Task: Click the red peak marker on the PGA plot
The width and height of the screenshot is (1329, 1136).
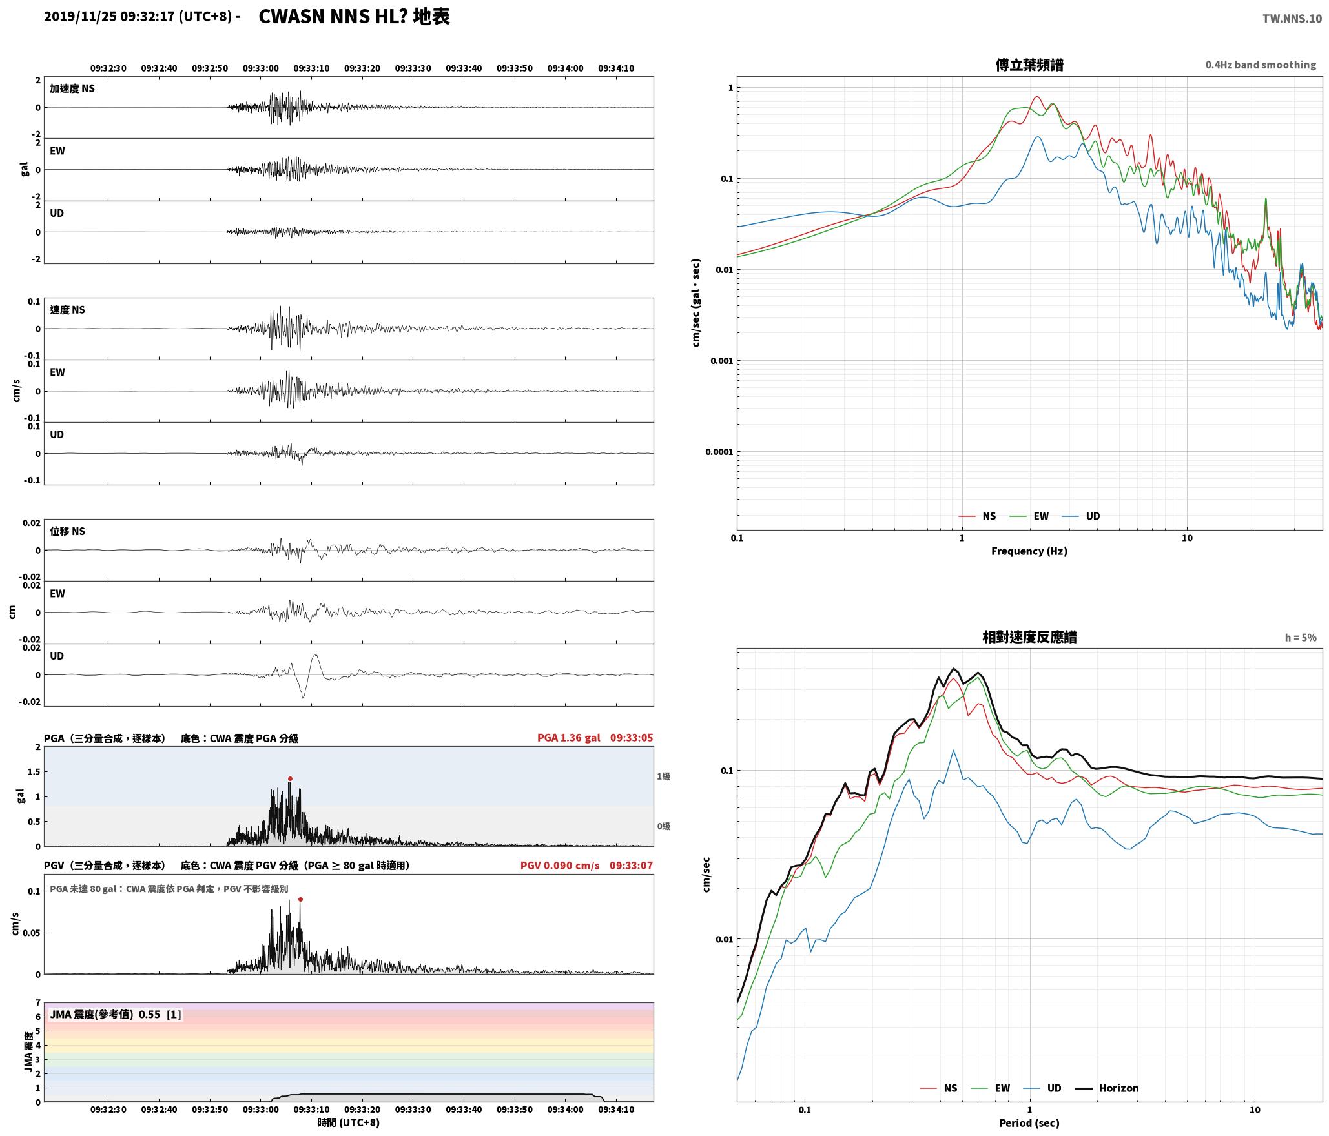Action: [290, 778]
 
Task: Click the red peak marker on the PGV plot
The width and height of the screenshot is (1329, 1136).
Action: [300, 899]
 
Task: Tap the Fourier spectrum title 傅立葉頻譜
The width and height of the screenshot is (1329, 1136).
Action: [1029, 65]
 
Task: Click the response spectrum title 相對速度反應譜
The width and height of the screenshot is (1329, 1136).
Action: [1029, 637]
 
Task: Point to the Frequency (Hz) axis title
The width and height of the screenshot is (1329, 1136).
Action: [1029, 551]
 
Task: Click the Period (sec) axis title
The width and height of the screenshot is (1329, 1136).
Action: [1029, 1123]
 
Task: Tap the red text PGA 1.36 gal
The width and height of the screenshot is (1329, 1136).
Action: [569, 738]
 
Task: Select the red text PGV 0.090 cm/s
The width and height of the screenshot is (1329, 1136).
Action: [560, 866]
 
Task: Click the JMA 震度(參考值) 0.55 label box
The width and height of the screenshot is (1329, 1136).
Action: [115, 1014]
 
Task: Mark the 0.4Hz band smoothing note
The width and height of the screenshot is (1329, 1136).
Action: [1261, 65]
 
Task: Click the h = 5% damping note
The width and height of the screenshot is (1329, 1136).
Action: [1301, 638]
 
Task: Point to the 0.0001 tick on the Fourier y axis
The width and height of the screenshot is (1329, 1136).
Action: [719, 452]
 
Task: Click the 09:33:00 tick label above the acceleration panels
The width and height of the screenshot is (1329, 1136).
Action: [261, 68]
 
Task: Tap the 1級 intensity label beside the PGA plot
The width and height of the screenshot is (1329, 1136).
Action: [663, 776]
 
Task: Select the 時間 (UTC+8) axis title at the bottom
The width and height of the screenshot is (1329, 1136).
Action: [349, 1122]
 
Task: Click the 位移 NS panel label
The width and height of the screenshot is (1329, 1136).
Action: [68, 531]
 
